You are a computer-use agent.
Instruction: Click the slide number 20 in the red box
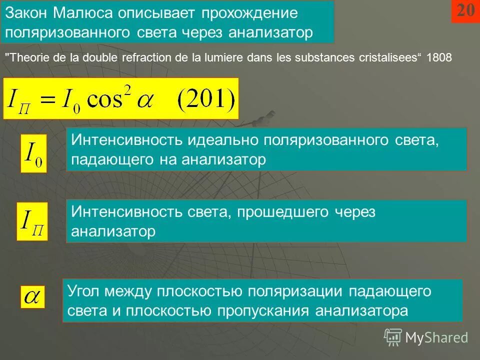tap(465, 10)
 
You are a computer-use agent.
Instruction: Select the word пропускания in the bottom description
tap(263, 311)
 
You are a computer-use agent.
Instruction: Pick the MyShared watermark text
tap(436, 337)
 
